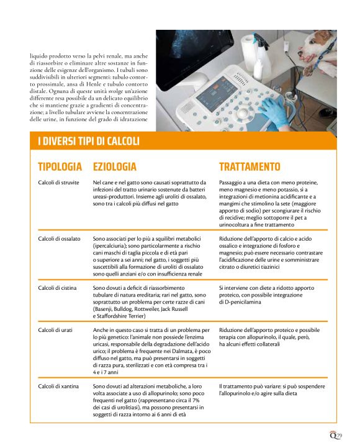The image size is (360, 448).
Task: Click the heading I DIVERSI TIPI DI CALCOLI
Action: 89,141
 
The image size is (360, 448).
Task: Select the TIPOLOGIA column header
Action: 60,167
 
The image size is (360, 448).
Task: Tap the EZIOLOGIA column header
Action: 115,167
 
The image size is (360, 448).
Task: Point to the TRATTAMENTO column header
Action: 250,167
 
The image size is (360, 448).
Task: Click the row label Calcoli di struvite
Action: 58,182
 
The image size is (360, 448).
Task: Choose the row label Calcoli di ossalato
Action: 59,239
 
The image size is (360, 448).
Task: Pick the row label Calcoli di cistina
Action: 57,288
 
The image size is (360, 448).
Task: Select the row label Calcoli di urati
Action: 55,330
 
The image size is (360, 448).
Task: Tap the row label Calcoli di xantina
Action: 58,387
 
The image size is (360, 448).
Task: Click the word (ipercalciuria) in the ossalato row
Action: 110,246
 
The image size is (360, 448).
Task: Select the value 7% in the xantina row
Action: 196,400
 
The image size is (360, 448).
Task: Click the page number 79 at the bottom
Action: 339,436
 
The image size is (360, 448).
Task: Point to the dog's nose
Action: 300,54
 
